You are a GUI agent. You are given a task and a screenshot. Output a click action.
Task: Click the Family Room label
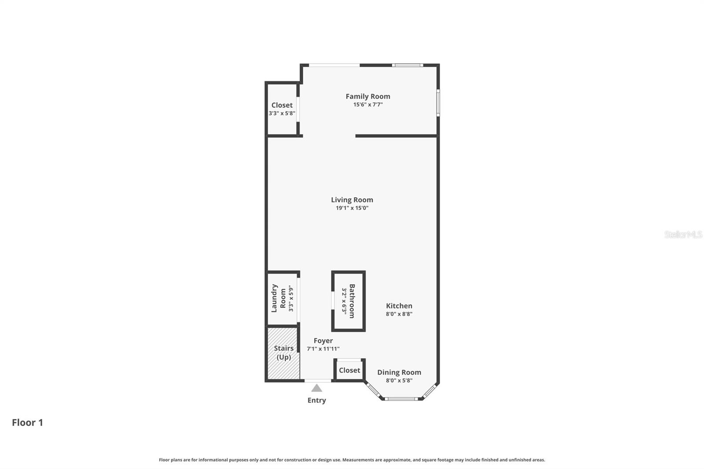[x=368, y=96]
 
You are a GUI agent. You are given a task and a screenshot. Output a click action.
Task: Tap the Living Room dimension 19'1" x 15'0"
[x=352, y=208]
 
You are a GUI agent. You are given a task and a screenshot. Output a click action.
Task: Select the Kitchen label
[x=399, y=306]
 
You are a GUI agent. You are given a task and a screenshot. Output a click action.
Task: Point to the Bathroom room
[x=348, y=301]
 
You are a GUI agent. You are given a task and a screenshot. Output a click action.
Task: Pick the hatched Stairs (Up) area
[x=283, y=353]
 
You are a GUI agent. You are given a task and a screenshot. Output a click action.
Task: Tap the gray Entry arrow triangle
[x=317, y=388]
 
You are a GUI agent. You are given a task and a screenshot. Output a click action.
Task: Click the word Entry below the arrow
[x=317, y=400]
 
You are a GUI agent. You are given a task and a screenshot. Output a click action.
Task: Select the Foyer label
[x=323, y=341]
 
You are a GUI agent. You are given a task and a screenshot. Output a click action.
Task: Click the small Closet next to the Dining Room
[x=349, y=370]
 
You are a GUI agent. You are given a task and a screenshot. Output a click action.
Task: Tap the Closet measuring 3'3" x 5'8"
[x=282, y=109]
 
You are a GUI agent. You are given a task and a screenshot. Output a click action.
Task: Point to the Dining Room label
[x=399, y=372]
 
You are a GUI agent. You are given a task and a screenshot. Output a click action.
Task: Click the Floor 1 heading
[x=27, y=423]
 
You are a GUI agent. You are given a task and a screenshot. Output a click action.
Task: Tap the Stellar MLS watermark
[x=683, y=234]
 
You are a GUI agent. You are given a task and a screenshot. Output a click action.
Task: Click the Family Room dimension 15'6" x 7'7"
[x=368, y=105]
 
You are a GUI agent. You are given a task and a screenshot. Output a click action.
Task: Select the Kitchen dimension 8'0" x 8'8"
[x=399, y=314]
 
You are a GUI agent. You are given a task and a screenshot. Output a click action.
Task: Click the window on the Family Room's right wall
[x=438, y=103]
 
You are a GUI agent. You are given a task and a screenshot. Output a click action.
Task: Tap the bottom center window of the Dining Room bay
[x=401, y=399]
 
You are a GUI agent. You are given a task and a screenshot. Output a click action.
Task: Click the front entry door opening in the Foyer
[x=318, y=380]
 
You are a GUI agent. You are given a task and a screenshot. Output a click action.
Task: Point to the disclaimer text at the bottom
[x=352, y=460]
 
